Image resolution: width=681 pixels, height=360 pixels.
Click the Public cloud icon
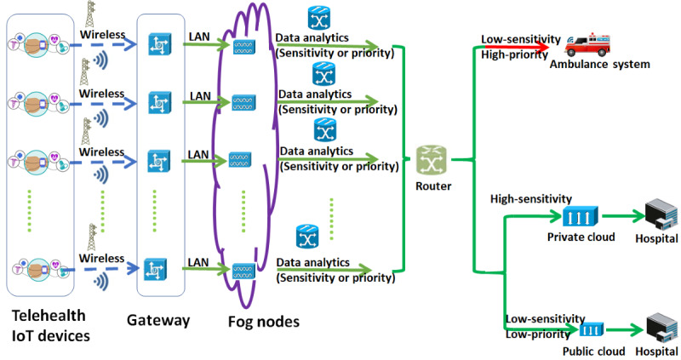[x=592, y=329]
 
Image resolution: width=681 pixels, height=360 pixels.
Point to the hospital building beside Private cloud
[x=655, y=214]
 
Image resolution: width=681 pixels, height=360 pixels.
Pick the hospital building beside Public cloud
[x=655, y=328]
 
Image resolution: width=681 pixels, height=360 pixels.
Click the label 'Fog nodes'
[x=263, y=322]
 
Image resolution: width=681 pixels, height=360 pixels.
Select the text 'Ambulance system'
[x=599, y=64]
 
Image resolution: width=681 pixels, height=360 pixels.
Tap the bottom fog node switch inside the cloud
[x=242, y=270]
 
